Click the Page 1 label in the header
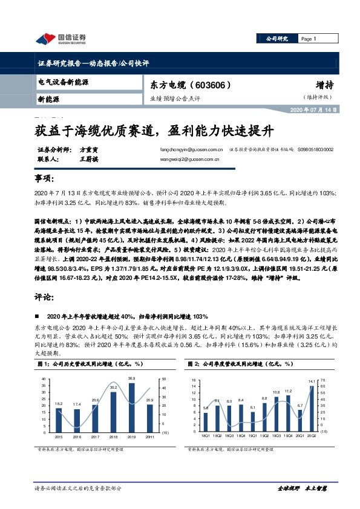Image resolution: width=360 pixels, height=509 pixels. tap(308, 39)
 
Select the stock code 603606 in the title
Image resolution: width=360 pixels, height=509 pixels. tap(212, 86)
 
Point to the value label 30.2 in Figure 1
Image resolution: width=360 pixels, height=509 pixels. tap(113, 386)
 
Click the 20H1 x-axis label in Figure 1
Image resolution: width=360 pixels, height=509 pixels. tap(150, 436)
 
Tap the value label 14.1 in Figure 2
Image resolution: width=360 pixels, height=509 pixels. tap(312, 381)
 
